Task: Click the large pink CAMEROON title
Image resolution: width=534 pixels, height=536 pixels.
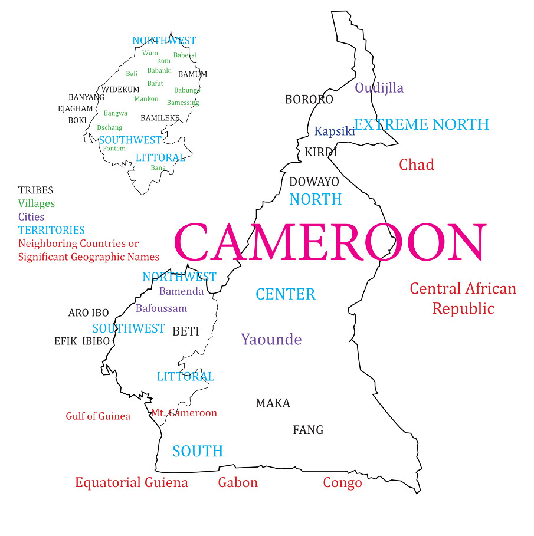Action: pyautogui.click(x=330, y=244)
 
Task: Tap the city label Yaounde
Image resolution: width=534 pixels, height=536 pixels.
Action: pyautogui.click(x=271, y=340)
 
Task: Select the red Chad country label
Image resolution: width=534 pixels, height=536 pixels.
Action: pyautogui.click(x=416, y=165)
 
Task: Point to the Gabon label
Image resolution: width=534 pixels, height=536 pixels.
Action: pyautogui.click(x=238, y=483)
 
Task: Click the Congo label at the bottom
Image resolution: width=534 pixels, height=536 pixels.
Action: pyautogui.click(x=342, y=484)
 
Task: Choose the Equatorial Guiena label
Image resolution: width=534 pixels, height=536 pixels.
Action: pyautogui.click(x=132, y=483)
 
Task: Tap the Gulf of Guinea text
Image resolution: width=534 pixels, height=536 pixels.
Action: pyautogui.click(x=98, y=416)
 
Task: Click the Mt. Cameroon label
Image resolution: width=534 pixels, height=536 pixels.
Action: pyautogui.click(x=184, y=413)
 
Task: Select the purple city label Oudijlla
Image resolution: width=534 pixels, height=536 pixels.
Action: pyautogui.click(x=379, y=88)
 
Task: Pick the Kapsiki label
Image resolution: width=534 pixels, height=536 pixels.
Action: pyautogui.click(x=335, y=131)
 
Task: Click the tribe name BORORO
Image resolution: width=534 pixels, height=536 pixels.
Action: pyautogui.click(x=309, y=100)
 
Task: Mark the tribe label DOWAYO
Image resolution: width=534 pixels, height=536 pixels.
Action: pyautogui.click(x=314, y=182)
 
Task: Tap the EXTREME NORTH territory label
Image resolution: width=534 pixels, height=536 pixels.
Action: pyautogui.click(x=421, y=124)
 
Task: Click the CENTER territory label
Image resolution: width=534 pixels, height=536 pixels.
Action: pyautogui.click(x=286, y=294)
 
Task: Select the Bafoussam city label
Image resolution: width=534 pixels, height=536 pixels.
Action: pyautogui.click(x=161, y=308)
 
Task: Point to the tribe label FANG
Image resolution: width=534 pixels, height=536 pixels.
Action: pyautogui.click(x=308, y=430)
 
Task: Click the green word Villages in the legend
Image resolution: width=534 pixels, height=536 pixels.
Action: pyautogui.click(x=36, y=203)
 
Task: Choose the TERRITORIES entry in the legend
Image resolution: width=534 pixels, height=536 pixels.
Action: pyautogui.click(x=51, y=230)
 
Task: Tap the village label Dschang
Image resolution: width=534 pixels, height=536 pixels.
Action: pyautogui.click(x=110, y=127)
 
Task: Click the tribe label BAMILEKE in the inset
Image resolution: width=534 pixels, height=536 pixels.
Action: pyautogui.click(x=160, y=118)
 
